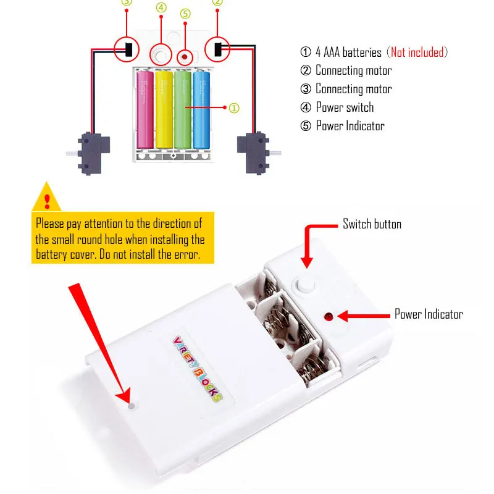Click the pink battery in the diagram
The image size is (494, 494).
[x=145, y=110]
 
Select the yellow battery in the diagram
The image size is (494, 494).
[x=164, y=110]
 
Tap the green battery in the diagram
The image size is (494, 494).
[x=183, y=110]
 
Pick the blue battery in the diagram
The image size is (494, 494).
[x=201, y=110]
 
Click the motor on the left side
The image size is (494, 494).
[x=91, y=154]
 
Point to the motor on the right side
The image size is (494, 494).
[x=256, y=153]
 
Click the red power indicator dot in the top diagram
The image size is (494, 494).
[x=185, y=57]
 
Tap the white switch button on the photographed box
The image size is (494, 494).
[x=305, y=285]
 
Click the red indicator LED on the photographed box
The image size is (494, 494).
[x=329, y=316]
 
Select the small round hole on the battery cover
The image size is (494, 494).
[x=132, y=406]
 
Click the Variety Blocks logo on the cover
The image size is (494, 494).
[x=198, y=369]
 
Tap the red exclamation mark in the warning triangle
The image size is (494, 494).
[x=48, y=201]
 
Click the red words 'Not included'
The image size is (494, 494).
[x=417, y=52]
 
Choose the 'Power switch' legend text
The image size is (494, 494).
[x=345, y=107]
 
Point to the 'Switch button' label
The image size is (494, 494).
[x=372, y=224]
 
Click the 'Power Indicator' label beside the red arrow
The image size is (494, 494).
[x=429, y=314]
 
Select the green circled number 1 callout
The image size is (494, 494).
[x=234, y=108]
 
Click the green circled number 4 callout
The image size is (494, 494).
[x=161, y=7]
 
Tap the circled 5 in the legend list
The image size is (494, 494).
[x=306, y=126]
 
